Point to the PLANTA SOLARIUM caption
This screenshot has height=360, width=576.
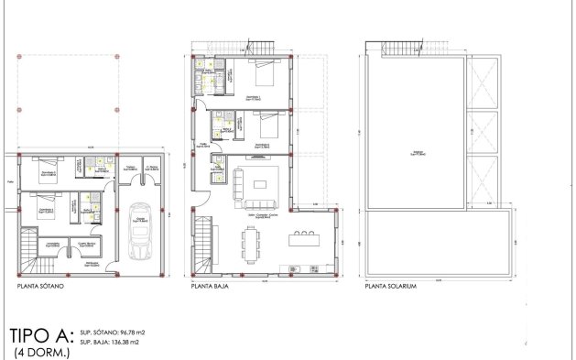pos(391,287)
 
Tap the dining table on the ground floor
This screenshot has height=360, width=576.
pos(251,243)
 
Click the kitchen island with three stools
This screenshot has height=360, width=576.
pos(301,240)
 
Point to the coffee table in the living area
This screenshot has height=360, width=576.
pos(260,183)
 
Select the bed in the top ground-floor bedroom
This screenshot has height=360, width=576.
pos(261,71)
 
